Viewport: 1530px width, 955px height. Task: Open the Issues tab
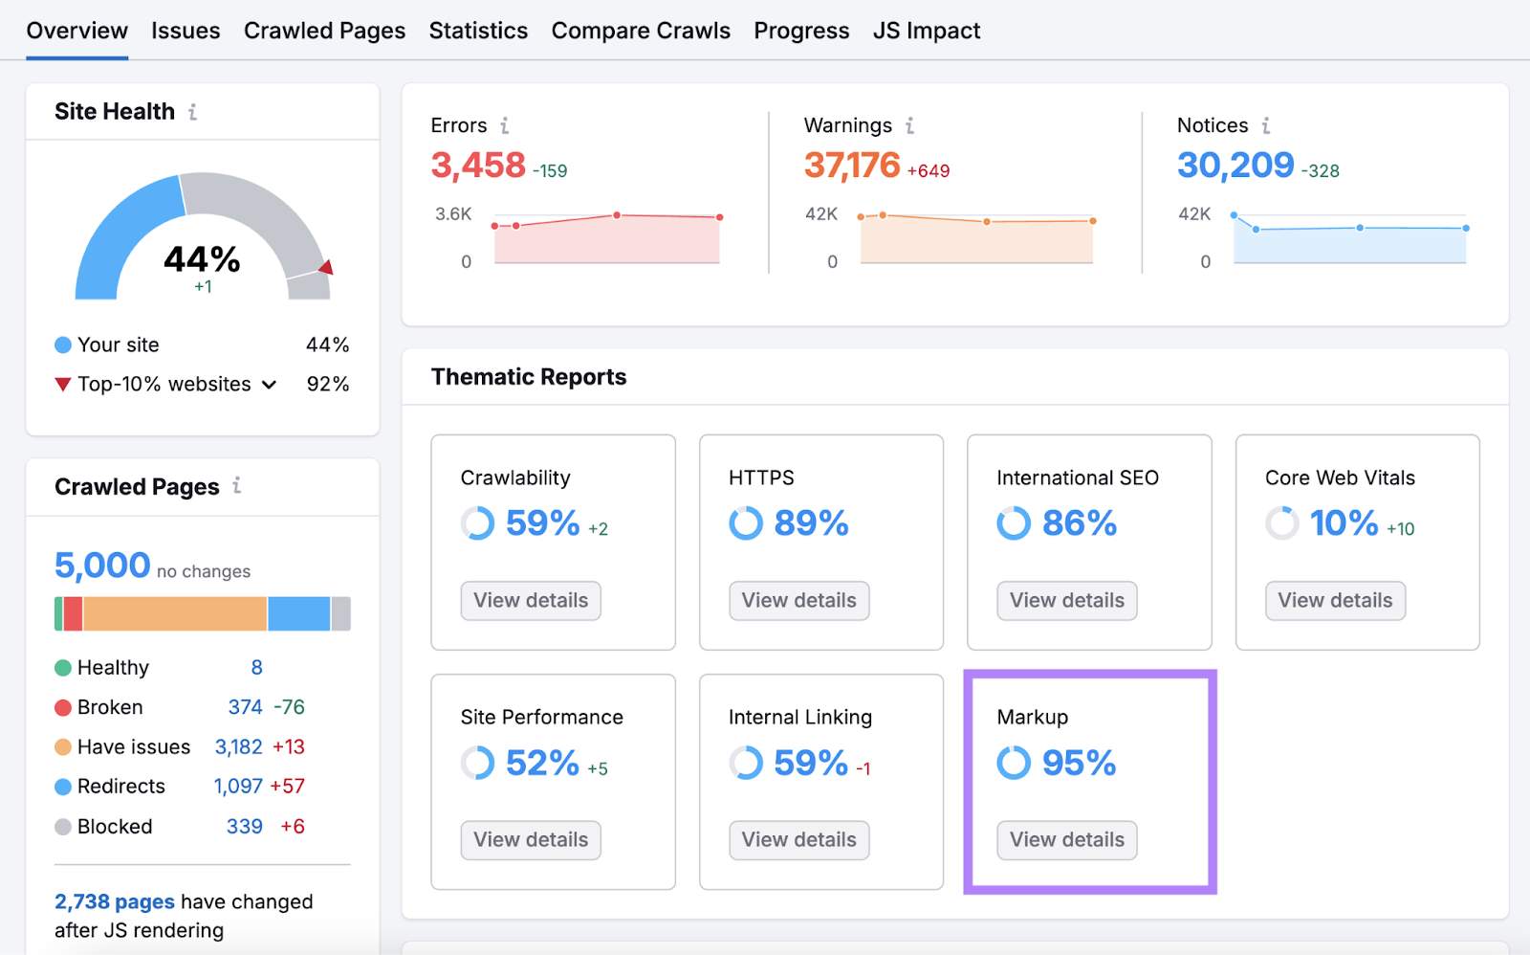click(x=186, y=31)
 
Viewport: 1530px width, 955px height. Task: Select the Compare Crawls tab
click(x=641, y=31)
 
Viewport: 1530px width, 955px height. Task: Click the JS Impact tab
click(x=926, y=31)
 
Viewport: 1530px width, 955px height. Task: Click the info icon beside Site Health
click(x=193, y=112)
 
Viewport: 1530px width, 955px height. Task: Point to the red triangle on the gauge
click(x=327, y=267)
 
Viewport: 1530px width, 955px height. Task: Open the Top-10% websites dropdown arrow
click(x=270, y=385)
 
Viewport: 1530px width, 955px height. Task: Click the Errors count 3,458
click(x=478, y=166)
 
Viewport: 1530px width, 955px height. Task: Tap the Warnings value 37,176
click(x=852, y=166)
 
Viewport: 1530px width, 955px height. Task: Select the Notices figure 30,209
click(x=1235, y=166)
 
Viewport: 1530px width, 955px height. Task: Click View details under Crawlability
click(x=531, y=601)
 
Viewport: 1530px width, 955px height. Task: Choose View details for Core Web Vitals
click(x=1335, y=601)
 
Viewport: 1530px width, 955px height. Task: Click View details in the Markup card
click(x=1067, y=840)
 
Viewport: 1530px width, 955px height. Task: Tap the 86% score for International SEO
click(x=1079, y=523)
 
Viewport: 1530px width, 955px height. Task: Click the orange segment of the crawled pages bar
click(x=175, y=613)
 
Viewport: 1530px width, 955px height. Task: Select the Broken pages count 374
click(x=245, y=707)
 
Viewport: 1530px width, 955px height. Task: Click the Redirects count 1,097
click(x=238, y=787)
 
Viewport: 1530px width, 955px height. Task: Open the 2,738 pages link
click(x=115, y=901)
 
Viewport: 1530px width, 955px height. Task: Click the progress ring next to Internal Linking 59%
click(x=746, y=763)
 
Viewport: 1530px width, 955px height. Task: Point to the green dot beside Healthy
click(x=63, y=668)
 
